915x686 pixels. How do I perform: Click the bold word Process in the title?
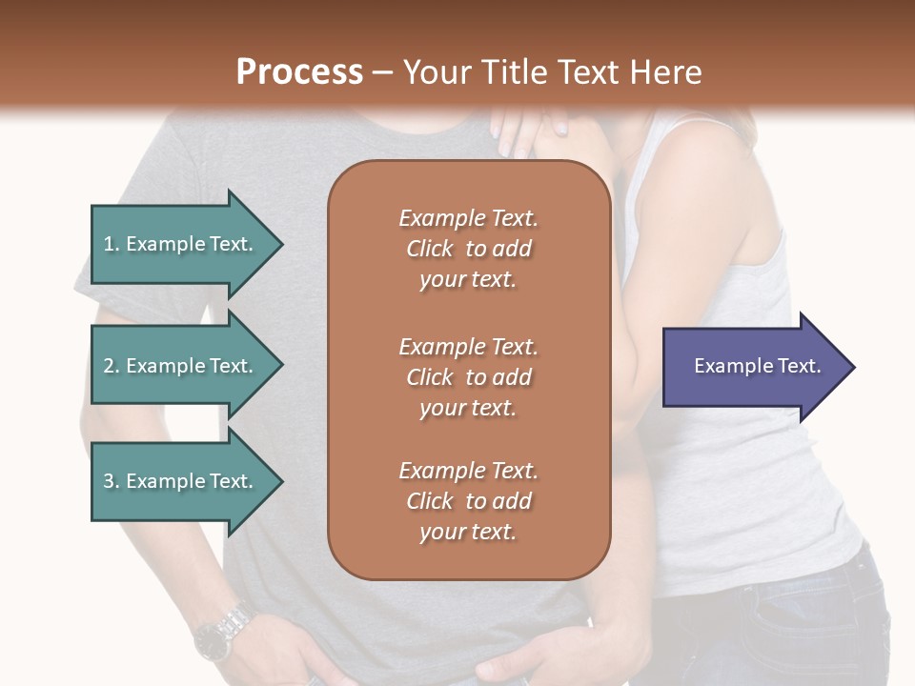(x=299, y=72)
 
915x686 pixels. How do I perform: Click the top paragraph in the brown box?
(x=468, y=249)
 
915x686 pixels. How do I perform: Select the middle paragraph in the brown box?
(x=468, y=376)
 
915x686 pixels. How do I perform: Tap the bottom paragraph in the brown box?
(x=468, y=501)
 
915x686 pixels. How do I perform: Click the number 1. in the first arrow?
(x=112, y=244)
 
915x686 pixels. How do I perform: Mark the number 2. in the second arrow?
(x=112, y=366)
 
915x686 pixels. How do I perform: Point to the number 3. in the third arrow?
(x=112, y=481)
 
